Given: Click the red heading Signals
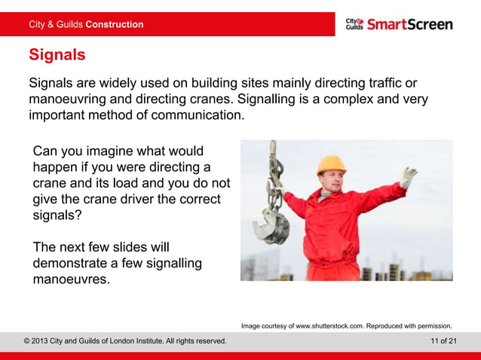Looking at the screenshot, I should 57,55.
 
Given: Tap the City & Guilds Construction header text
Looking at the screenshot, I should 85,24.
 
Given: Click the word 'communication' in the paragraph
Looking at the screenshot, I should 199,116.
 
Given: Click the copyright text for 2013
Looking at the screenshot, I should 125,341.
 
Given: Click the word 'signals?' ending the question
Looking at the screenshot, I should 57,215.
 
